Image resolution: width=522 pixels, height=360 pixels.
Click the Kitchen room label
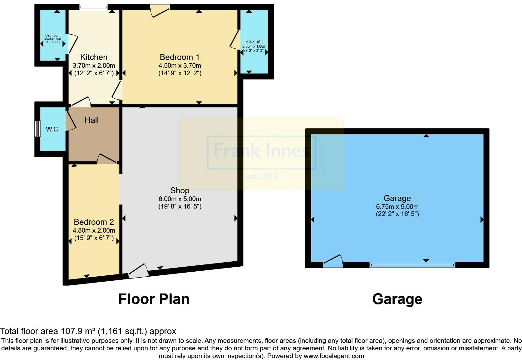tap(94, 57)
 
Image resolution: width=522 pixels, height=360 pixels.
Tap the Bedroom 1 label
tap(180, 57)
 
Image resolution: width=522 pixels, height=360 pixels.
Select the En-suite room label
tap(254, 42)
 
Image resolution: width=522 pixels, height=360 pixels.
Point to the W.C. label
tap(53, 129)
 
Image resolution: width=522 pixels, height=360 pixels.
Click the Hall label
tap(91, 120)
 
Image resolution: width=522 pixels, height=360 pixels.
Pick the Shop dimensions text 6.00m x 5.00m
tap(180, 199)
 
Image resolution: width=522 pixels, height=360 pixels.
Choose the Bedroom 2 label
tap(94, 222)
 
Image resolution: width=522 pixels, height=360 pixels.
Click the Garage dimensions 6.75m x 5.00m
tap(397, 206)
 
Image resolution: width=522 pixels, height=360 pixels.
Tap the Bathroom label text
tap(53, 35)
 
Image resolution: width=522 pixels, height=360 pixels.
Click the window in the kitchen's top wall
tap(93, 7)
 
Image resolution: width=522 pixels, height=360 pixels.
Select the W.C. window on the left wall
tap(37, 128)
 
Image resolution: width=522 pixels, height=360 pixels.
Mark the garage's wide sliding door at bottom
tap(412, 265)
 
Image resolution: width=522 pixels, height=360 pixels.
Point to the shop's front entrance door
tap(138, 271)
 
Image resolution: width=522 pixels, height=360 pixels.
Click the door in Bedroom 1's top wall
tap(160, 11)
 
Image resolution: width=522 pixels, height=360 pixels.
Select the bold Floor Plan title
tap(154, 299)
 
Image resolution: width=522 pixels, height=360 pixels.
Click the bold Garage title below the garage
tap(397, 299)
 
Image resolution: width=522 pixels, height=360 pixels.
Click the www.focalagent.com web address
tap(334, 356)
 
